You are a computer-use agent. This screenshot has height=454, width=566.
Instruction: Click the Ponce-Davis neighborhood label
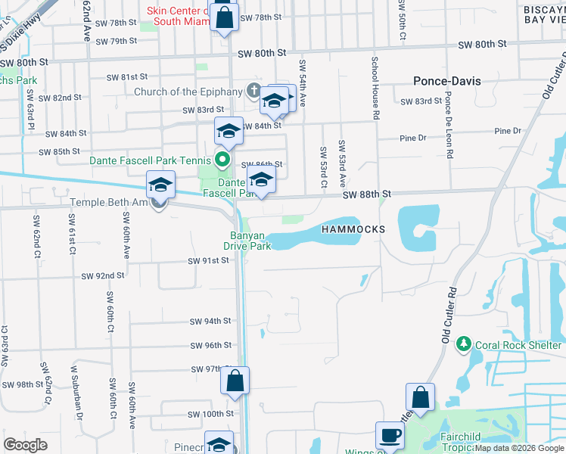447,81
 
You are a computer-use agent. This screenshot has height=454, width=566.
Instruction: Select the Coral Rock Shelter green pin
465,345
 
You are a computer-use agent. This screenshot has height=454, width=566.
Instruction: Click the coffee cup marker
390,436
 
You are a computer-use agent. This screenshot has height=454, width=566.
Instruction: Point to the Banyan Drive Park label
248,241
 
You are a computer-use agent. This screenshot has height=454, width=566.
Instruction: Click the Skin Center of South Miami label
183,16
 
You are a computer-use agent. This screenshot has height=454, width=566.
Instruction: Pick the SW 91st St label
208,261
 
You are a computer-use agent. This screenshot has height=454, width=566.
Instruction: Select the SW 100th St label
211,414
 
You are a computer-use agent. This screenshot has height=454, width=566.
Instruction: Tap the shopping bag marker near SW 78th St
224,17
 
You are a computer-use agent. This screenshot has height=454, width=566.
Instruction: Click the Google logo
26,445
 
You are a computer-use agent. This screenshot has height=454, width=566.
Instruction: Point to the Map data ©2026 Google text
520,448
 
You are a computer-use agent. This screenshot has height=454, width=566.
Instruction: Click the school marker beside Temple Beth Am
160,185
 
